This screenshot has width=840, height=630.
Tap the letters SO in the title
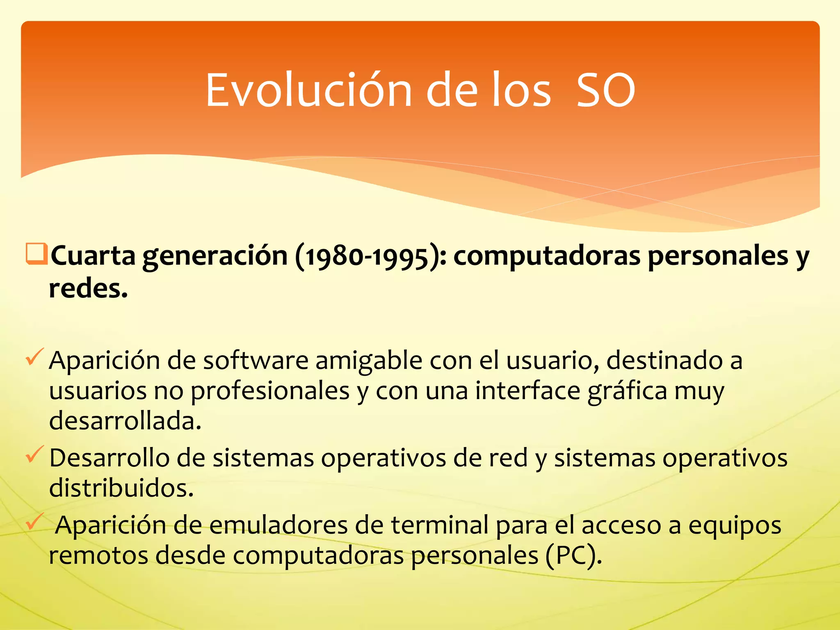point(606,90)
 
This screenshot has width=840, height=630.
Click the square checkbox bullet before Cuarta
point(37,254)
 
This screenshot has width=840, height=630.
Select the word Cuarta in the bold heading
point(93,256)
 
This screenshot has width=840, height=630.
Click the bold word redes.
point(88,288)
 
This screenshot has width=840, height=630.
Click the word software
point(256,361)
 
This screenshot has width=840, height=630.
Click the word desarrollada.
point(125,421)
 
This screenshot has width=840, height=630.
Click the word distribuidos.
point(121,488)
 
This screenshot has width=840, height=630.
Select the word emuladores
point(278,525)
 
